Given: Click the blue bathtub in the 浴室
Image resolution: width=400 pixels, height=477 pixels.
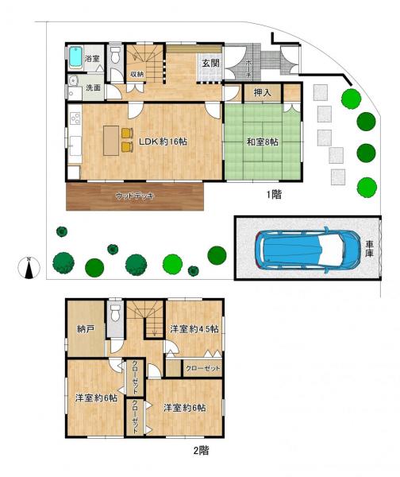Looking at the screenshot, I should [75, 58].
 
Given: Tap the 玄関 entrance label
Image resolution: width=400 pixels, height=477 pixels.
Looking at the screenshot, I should [210, 63].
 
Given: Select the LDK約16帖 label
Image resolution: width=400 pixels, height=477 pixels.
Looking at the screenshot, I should [163, 142].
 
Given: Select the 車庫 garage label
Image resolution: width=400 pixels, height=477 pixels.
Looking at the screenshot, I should [370, 248].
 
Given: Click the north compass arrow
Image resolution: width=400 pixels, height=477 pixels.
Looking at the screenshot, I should [29, 268].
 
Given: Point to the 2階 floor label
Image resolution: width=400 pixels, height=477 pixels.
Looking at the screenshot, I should [201, 450].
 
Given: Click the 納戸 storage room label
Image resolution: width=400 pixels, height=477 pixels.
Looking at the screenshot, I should [86, 328].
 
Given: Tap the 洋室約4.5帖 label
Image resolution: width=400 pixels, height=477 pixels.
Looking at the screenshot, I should [194, 328].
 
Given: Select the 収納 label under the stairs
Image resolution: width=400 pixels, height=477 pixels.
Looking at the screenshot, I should [137, 75].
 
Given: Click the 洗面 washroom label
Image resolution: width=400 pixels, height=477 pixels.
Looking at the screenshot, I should [94, 87].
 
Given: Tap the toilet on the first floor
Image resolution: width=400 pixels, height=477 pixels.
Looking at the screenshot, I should [116, 55].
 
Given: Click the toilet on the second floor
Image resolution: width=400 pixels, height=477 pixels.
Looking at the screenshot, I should [116, 312].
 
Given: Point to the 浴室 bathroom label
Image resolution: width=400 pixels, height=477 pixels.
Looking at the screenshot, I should [93, 58].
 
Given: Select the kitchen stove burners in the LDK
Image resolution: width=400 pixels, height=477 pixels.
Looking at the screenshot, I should [75, 120].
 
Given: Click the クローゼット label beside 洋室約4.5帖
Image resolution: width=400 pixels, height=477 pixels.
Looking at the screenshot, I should [203, 368].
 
